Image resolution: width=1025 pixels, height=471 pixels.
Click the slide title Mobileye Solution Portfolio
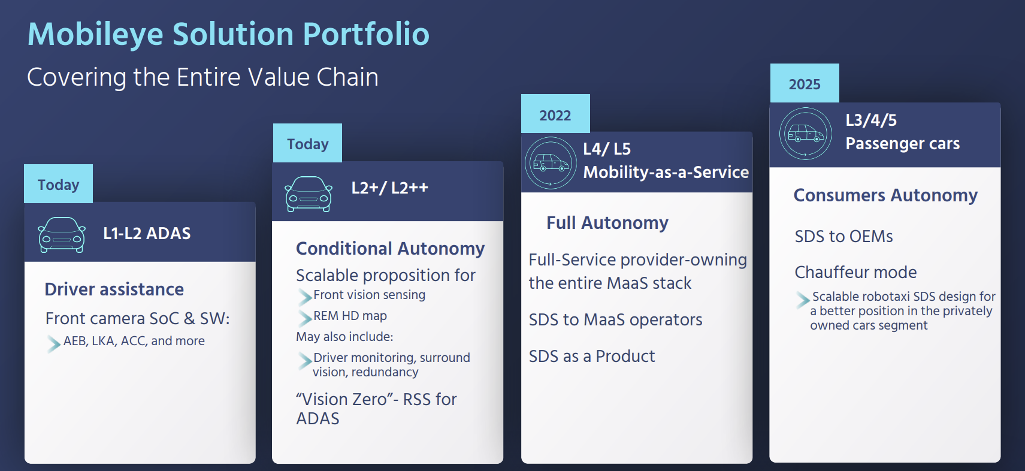pyautogui.click(x=228, y=34)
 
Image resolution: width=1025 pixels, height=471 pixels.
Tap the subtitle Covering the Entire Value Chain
pyautogui.click(x=202, y=77)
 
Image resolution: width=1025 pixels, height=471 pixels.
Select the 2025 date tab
pyautogui.click(x=805, y=83)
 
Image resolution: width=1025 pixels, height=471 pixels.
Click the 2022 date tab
pyautogui.click(x=555, y=114)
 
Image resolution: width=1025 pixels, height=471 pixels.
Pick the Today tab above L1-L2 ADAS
pyautogui.click(x=58, y=183)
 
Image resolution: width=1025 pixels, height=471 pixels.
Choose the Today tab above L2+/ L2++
pyautogui.click(x=307, y=143)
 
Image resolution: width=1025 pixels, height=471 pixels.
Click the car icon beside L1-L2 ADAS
pyautogui.click(x=62, y=234)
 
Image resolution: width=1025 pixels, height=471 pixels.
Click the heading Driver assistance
pyautogui.click(x=114, y=289)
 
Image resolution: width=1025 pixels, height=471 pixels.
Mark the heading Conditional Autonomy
pyautogui.click(x=391, y=249)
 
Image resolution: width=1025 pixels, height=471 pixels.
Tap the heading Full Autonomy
pyautogui.click(x=607, y=223)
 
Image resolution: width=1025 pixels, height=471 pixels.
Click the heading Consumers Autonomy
pyautogui.click(x=885, y=195)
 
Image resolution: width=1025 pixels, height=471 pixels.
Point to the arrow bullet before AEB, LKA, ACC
pyautogui.click(x=53, y=344)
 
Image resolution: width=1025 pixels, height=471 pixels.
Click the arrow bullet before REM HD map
pyautogui.click(x=305, y=318)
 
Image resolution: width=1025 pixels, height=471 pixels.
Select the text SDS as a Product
pyautogui.click(x=592, y=356)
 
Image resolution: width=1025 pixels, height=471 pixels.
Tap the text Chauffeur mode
pyautogui.click(x=855, y=272)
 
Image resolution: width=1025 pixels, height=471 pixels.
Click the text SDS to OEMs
pyautogui.click(x=844, y=237)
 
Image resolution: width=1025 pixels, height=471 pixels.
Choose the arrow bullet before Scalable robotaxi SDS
pyautogui.click(x=803, y=300)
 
